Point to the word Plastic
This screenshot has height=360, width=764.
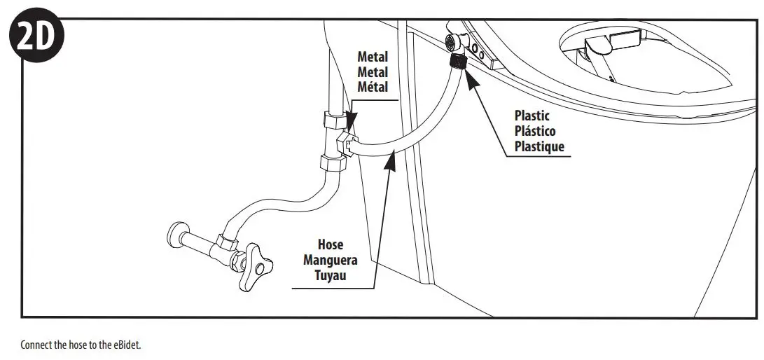click(x=532, y=116)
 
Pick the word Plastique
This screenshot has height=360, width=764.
click(x=539, y=146)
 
